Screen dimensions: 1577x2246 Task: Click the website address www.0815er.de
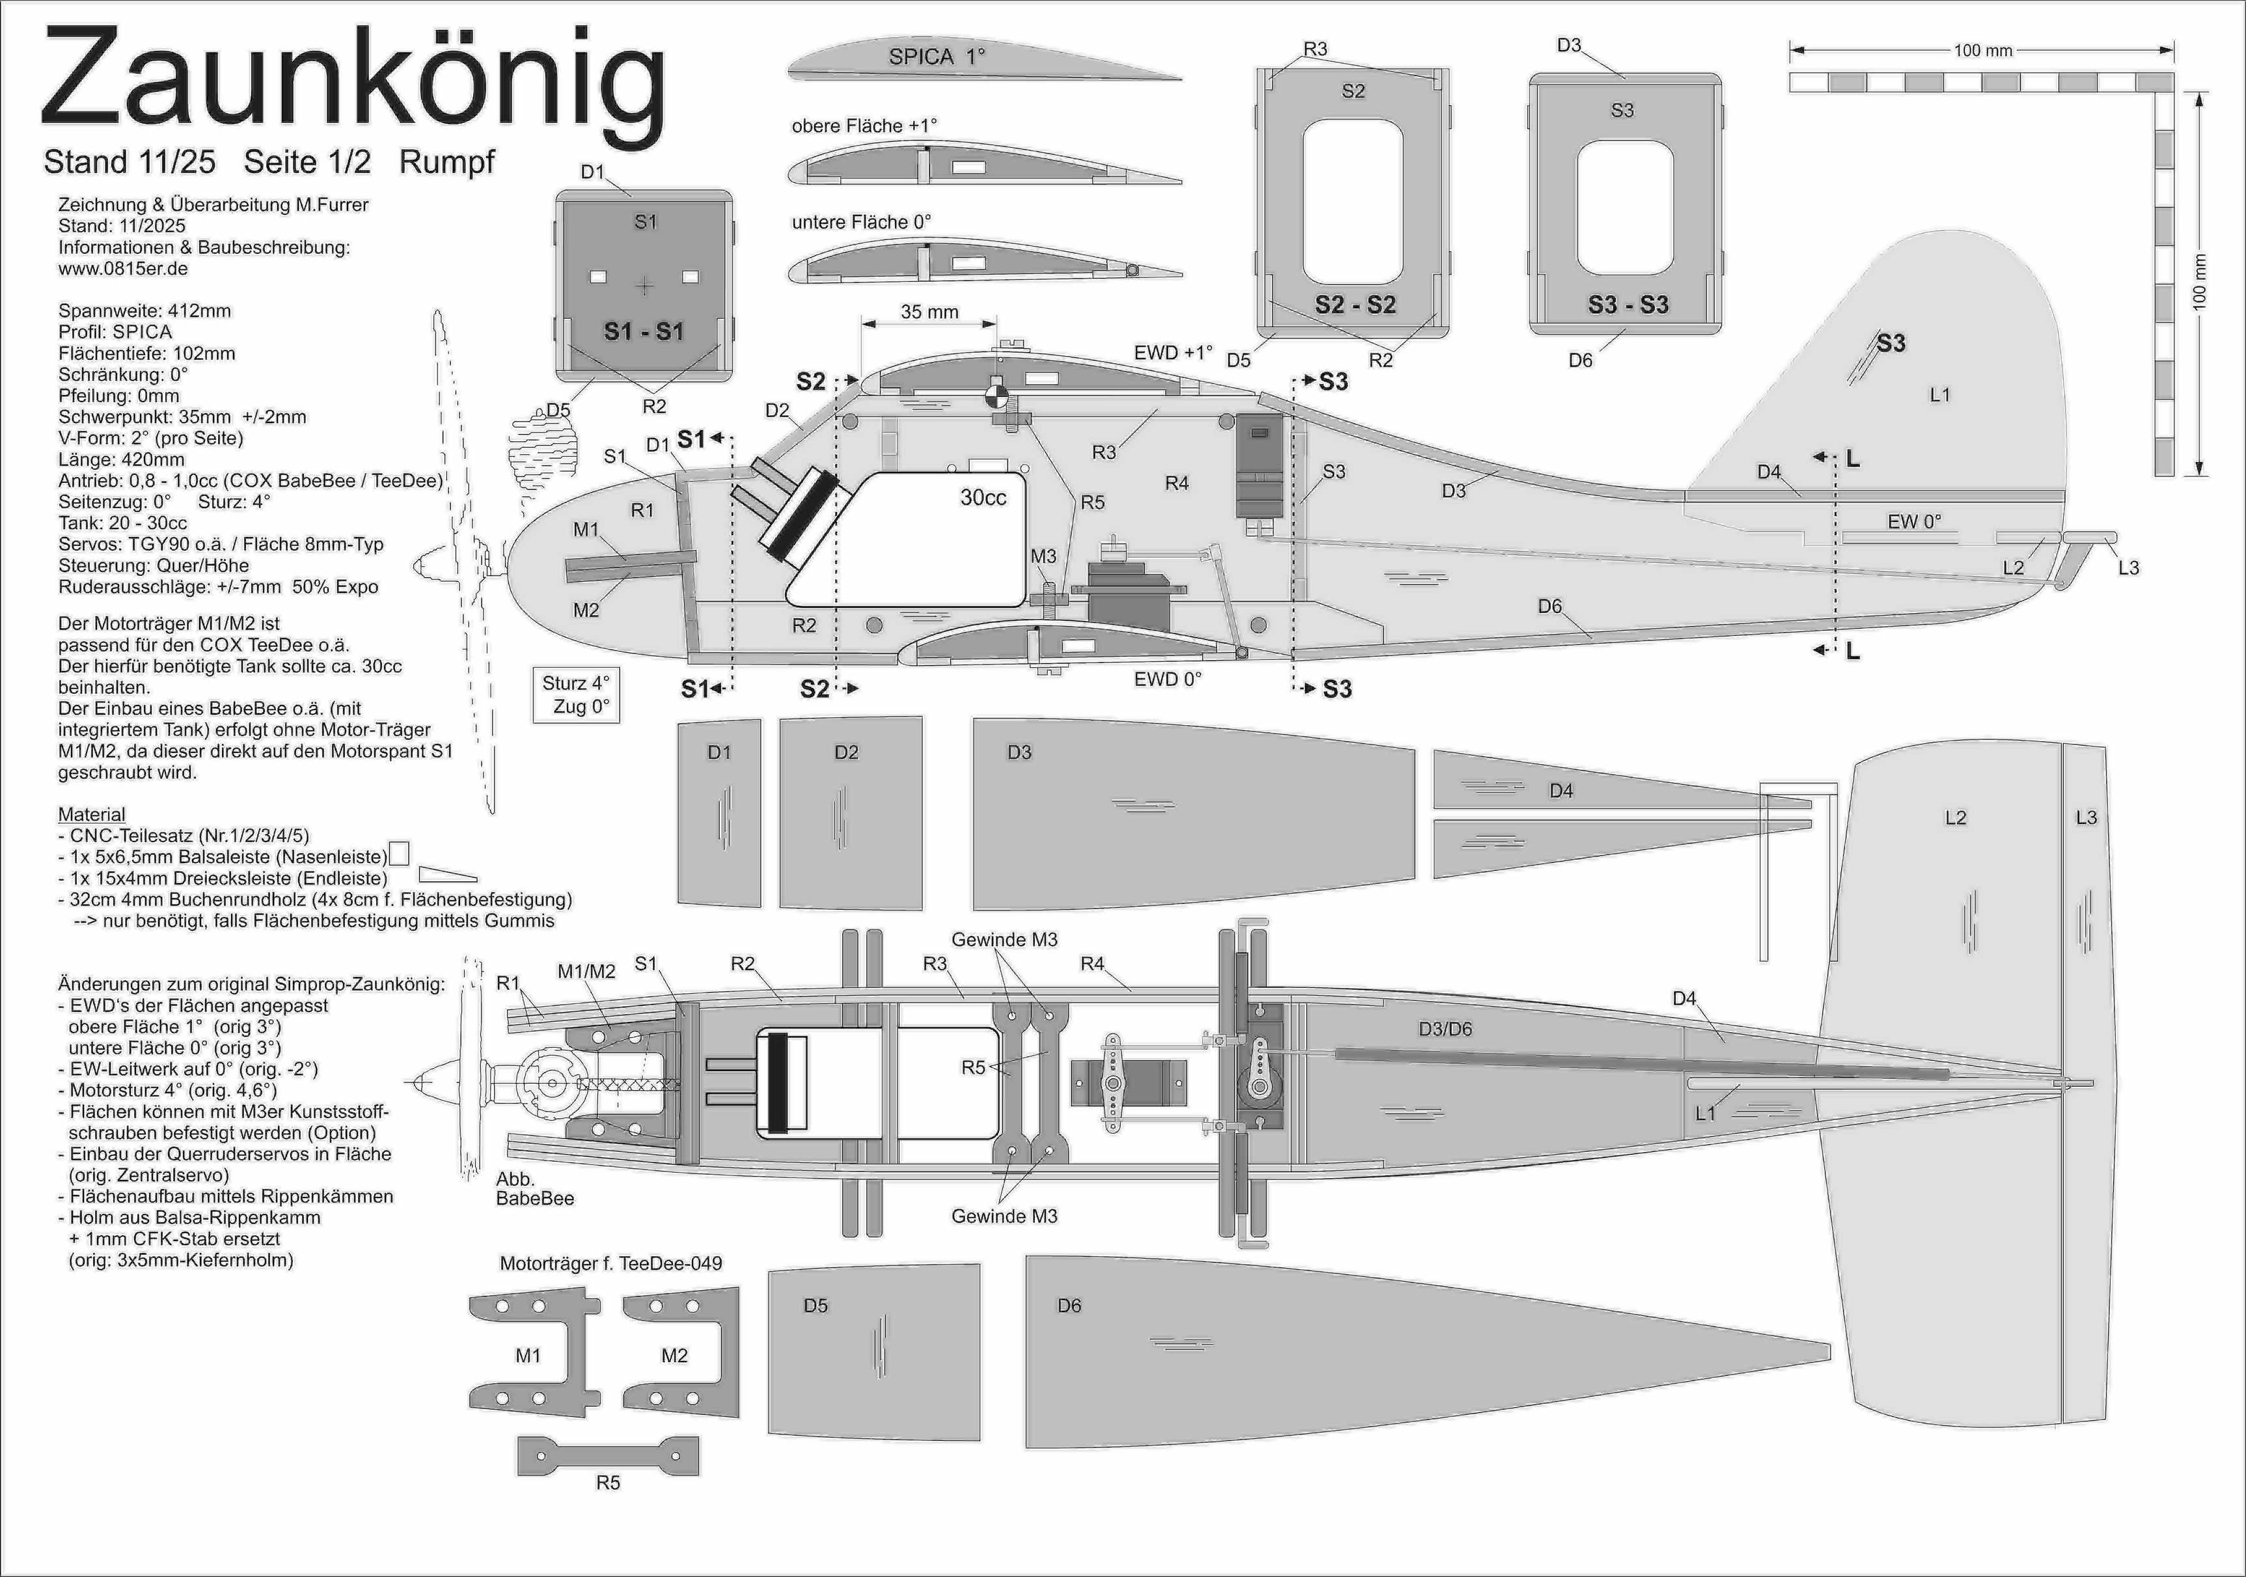pyautogui.click(x=123, y=268)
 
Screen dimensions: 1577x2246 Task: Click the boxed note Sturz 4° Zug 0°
pyautogui.click(x=576, y=694)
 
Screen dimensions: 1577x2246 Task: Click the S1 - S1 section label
pyautogui.click(x=643, y=332)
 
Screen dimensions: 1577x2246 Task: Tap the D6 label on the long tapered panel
pyautogui.click(x=1069, y=1305)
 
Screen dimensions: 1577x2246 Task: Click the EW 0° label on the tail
pyautogui.click(x=1913, y=521)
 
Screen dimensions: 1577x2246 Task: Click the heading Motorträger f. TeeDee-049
pyautogui.click(x=610, y=1263)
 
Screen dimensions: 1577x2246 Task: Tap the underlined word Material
pyautogui.click(x=92, y=814)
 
